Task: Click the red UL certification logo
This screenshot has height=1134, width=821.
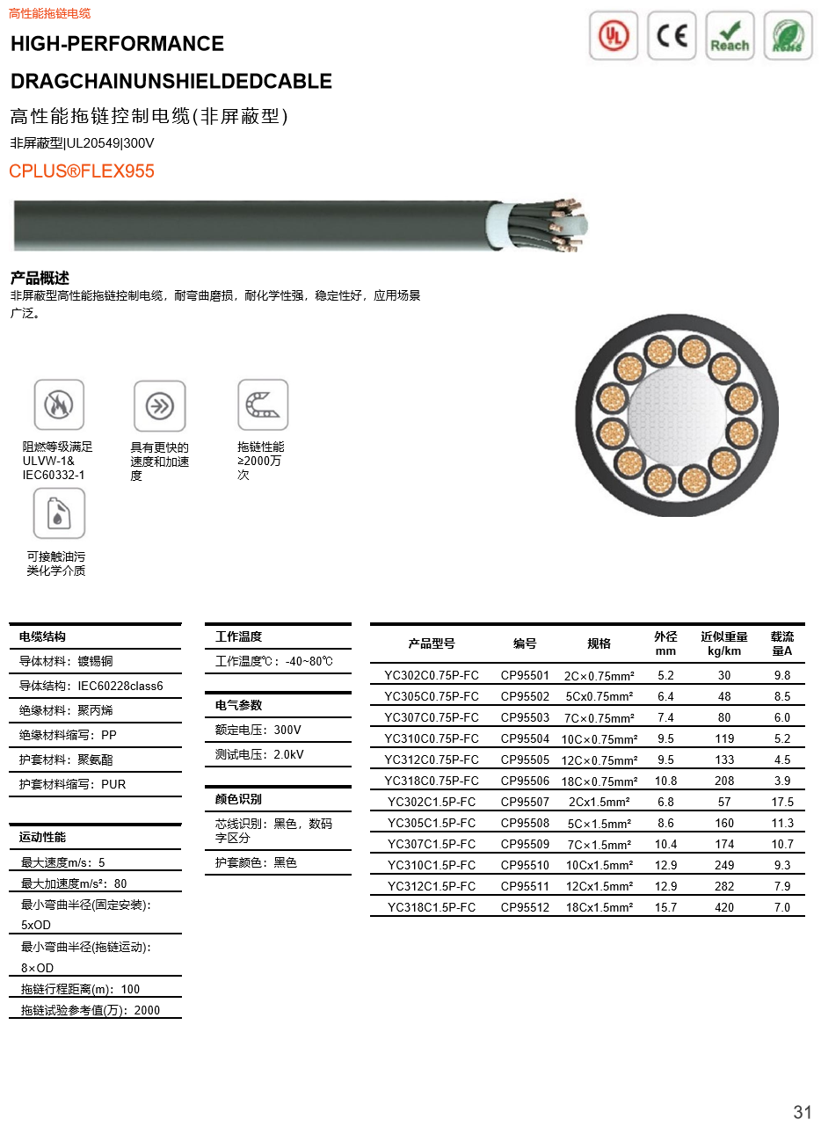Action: (x=614, y=36)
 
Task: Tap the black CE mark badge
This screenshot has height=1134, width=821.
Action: (x=672, y=36)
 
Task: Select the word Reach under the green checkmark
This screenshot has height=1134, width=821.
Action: (x=730, y=46)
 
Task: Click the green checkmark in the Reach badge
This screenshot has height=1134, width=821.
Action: (x=730, y=28)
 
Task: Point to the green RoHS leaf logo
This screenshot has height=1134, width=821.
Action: (x=788, y=36)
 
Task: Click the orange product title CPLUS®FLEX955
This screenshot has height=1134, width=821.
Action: (x=82, y=171)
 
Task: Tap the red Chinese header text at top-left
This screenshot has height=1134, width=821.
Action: (x=49, y=13)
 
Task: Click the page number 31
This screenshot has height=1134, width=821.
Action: (x=803, y=1112)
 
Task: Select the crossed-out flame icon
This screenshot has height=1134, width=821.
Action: (x=58, y=403)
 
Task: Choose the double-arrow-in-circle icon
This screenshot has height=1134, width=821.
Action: (x=159, y=405)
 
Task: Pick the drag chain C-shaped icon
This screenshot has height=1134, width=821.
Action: (x=263, y=403)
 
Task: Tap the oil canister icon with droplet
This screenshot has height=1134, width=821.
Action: (x=58, y=511)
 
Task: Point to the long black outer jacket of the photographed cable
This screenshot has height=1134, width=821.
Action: (x=246, y=225)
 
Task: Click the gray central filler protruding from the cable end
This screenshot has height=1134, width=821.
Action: (x=571, y=225)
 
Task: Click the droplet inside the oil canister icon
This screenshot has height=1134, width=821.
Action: (x=58, y=517)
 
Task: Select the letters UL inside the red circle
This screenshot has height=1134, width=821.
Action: (x=612, y=37)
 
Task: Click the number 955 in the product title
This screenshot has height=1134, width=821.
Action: (x=139, y=171)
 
